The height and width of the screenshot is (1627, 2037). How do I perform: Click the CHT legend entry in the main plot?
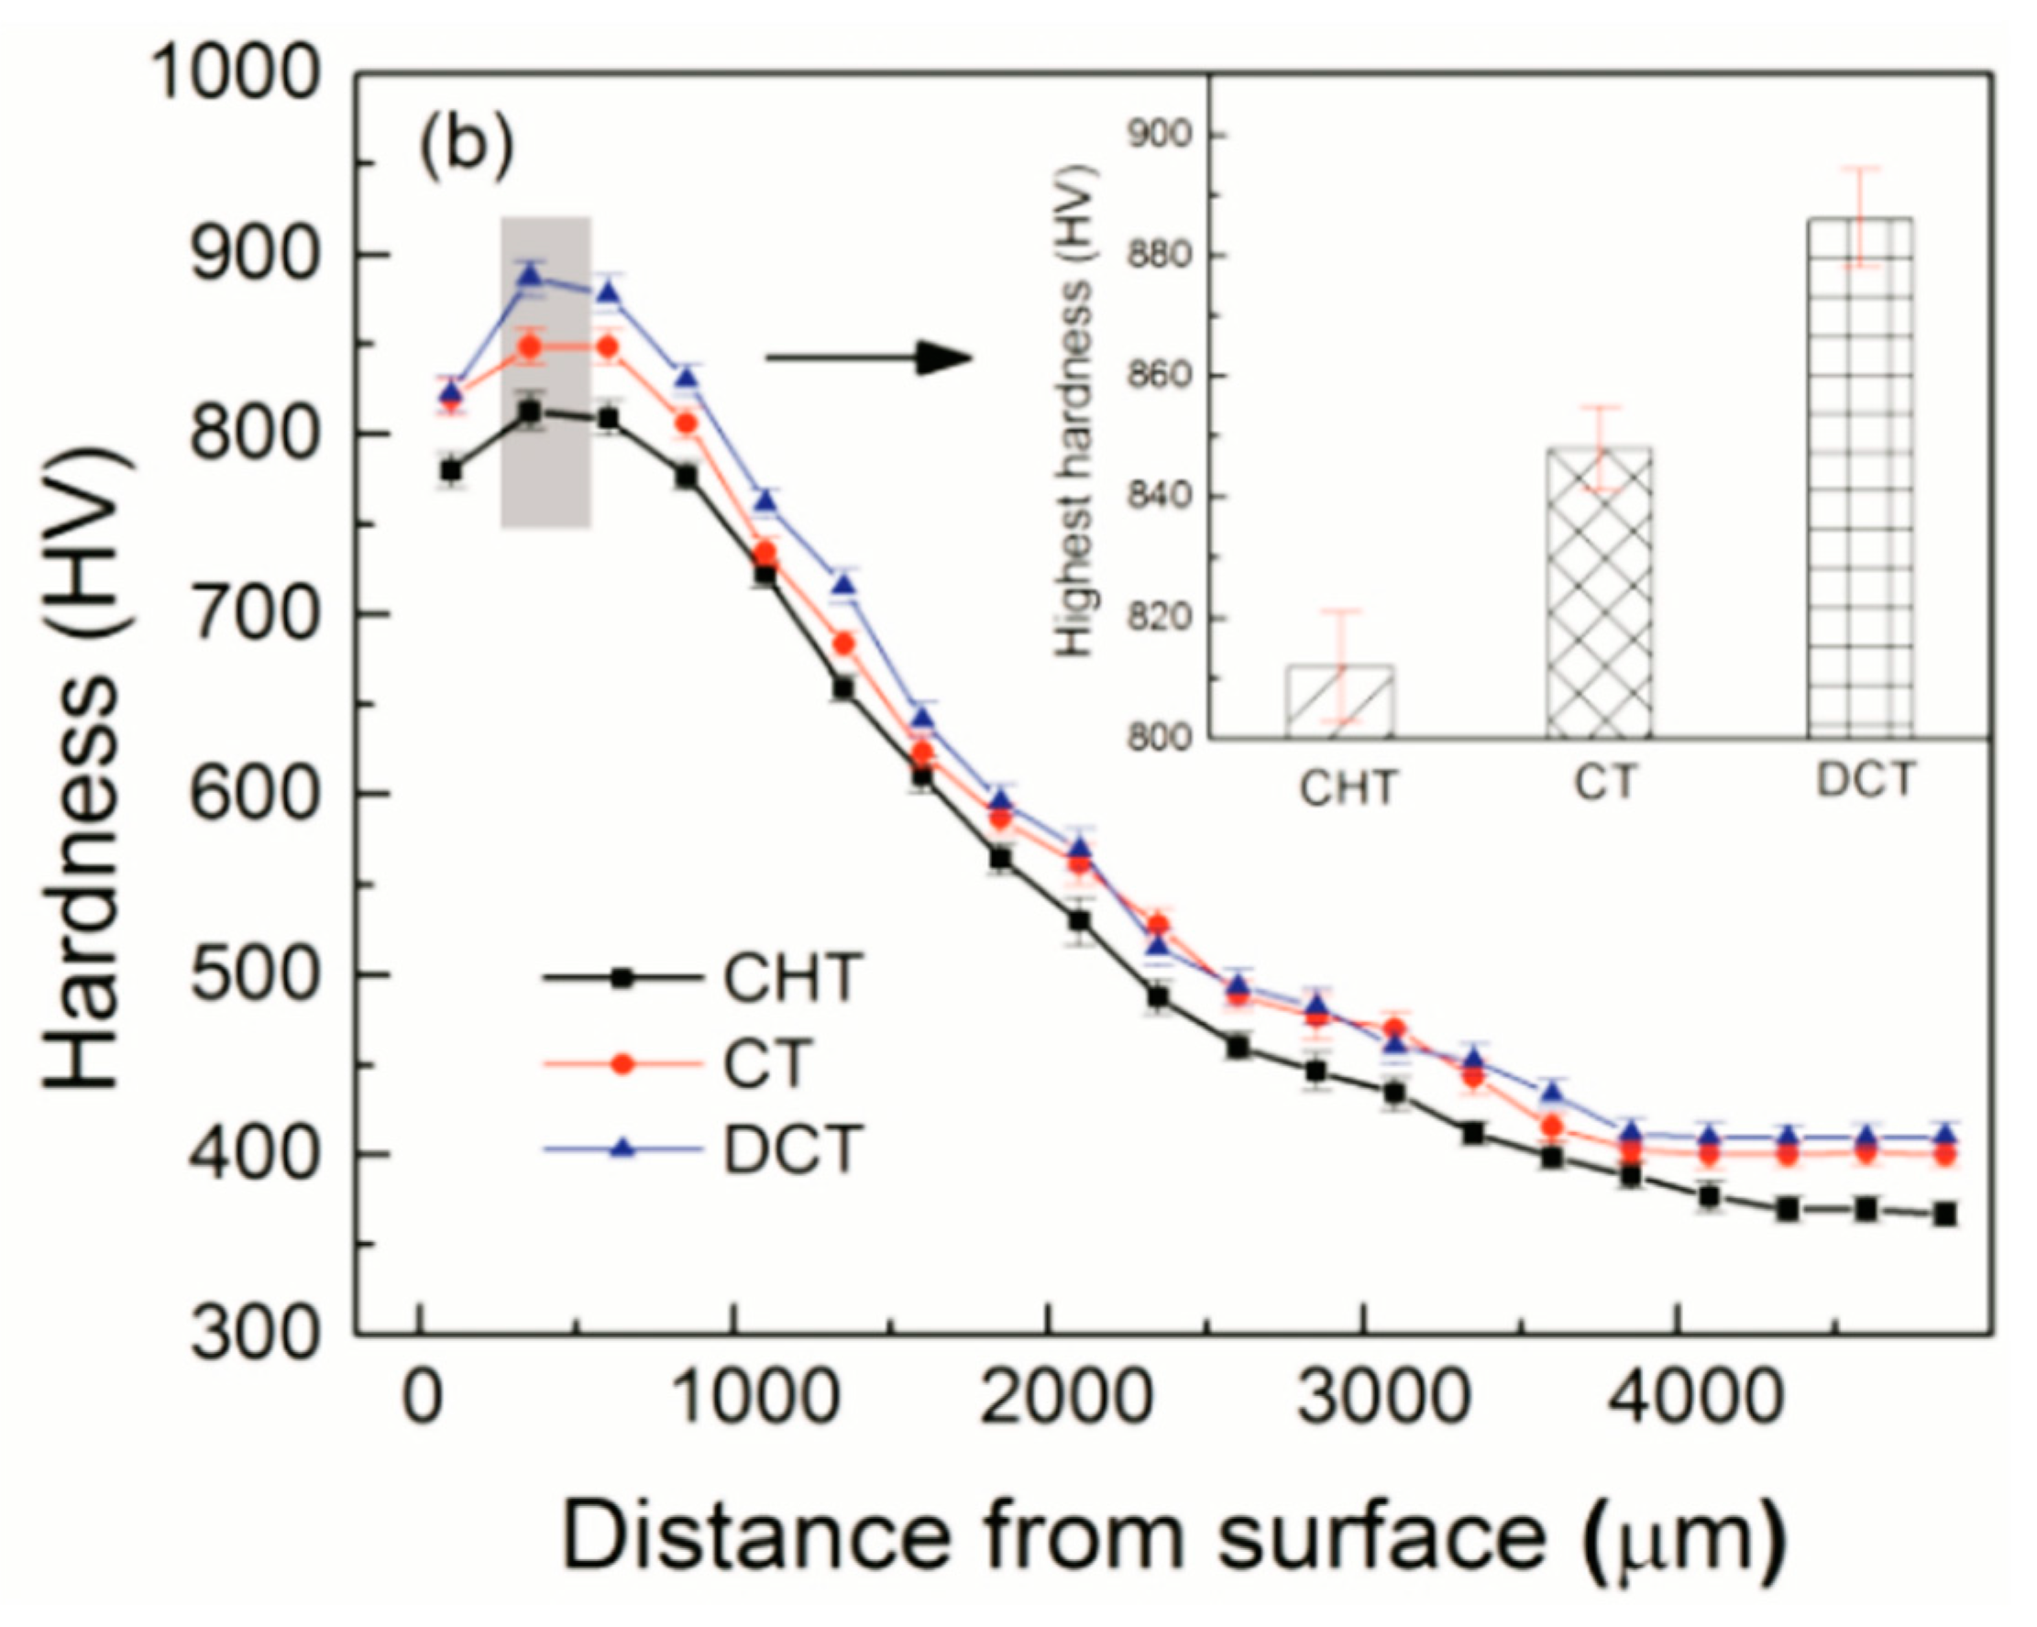[x=704, y=977]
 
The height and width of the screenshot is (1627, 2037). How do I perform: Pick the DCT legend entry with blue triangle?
[x=704, y=1148]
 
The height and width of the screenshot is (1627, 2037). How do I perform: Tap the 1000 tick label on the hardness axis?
[x=235, y=73]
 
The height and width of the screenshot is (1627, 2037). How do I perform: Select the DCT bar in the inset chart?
[x=1859, y=478]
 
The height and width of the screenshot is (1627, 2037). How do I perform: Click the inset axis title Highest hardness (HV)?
[x=1076, y=411]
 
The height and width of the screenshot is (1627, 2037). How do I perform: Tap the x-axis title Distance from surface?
[x=1174, y=1537]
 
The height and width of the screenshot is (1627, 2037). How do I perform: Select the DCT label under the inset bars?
[x=1865, y=780]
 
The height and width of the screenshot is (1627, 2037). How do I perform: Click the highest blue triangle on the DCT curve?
[x=531, y=276]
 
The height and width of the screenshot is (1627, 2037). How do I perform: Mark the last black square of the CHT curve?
[x=1944, y=1215]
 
